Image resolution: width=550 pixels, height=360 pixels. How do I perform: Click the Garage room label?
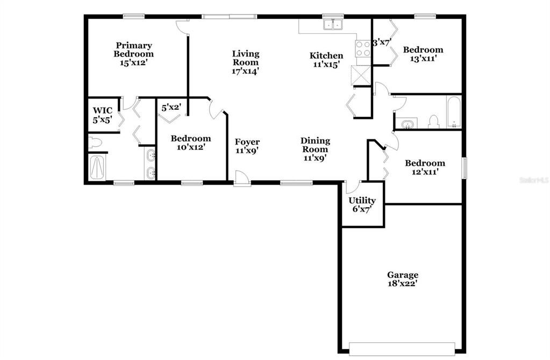click(402, 274)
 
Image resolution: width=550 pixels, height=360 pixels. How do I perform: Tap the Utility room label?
click(362, 201)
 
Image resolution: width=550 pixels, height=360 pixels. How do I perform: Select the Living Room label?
click(246, 58)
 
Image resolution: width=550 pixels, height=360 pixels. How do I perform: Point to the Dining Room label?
click(315, 145)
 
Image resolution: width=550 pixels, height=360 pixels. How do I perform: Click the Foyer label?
click(247, 142)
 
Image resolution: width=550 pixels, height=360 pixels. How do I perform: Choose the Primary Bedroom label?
click(134, 50)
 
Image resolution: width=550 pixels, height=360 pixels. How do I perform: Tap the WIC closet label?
click(103, 111)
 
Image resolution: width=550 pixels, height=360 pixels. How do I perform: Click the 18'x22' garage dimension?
click(402, 284)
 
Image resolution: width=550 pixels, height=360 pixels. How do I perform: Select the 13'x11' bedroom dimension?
click(423, 58)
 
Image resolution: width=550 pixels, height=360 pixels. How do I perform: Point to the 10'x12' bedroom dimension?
click(191, 147)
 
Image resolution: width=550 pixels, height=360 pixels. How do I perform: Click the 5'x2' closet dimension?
click(171, 108)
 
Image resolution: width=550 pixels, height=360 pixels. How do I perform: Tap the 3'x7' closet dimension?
click(382, 43)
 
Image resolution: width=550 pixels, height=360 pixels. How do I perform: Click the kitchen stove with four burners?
click(363, 48)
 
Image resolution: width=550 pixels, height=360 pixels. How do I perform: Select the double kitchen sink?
click(333, 25)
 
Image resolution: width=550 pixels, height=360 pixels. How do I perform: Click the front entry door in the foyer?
click(242, 179)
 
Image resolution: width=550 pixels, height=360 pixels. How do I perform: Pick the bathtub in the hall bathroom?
click(454, 112)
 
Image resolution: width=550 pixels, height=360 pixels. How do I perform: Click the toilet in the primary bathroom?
click(95, 143)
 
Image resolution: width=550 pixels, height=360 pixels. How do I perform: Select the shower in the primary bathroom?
click(97, 168)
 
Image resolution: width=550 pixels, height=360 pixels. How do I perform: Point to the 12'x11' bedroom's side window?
click(465, 168)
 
